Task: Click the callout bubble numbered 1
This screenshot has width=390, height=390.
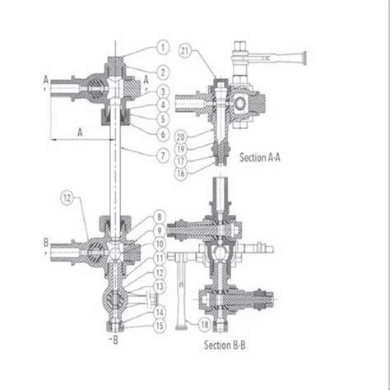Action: (163, 46)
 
